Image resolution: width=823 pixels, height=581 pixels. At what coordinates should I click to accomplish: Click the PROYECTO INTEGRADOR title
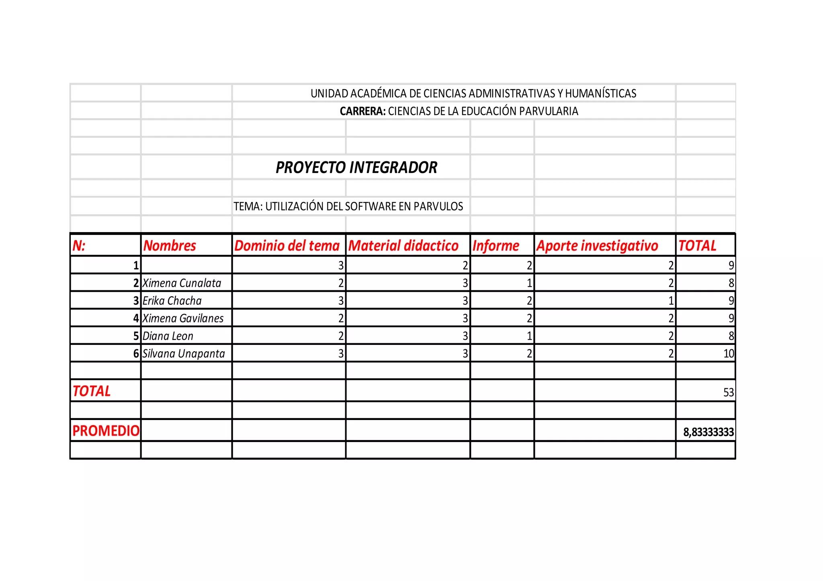356,167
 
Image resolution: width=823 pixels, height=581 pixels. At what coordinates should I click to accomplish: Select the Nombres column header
170,246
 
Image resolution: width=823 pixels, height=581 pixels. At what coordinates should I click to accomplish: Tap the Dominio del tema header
287,246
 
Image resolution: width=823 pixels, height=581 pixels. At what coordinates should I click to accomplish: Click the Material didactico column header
403,246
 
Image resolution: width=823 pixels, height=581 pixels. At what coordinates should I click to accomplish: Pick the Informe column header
495,246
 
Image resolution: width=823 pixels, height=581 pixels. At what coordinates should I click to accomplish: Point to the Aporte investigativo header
597,246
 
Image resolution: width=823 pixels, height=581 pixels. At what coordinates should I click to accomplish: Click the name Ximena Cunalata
182,283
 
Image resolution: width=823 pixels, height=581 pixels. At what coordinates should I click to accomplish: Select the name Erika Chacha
172,301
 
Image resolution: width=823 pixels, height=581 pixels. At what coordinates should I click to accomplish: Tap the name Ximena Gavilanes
183,318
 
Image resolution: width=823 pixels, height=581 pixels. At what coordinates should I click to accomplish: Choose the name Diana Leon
168,336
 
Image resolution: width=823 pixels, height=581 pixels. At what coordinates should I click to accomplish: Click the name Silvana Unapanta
184,354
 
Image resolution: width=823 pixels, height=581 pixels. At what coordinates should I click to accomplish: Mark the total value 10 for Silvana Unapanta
728,354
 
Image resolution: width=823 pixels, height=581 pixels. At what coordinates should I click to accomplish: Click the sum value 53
728,392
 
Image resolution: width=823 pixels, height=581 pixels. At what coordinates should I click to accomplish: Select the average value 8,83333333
708,432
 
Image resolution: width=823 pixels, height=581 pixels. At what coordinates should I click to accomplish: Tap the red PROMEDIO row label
106,431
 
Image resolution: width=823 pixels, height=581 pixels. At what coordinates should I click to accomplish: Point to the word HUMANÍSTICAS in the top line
600,94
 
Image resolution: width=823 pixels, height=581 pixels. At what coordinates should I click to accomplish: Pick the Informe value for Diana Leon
529,336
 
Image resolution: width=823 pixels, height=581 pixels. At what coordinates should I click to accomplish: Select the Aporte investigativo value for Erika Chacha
671,301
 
